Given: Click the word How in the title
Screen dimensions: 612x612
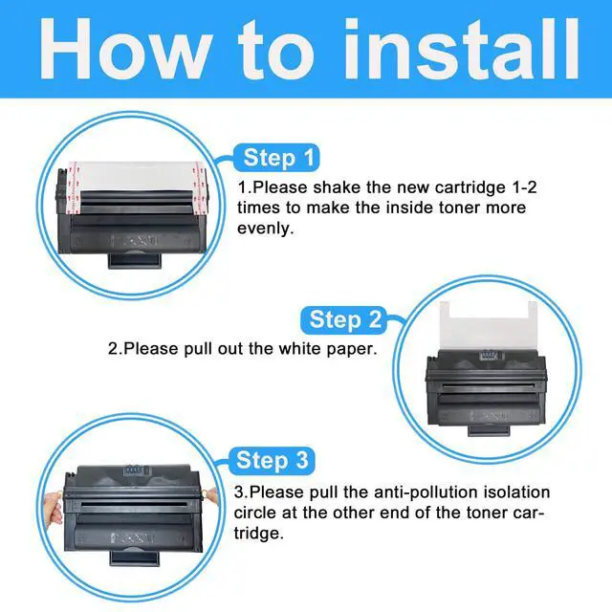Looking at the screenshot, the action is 125,49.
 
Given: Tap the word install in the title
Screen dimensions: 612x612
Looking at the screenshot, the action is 461,49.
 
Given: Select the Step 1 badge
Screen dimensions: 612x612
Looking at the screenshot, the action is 276,158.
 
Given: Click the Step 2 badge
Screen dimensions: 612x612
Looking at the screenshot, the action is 343,319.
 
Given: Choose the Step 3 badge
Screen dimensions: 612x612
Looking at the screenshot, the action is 272,460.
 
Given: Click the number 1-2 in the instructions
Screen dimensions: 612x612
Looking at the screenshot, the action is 524,187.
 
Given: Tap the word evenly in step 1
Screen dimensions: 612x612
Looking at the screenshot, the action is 265,229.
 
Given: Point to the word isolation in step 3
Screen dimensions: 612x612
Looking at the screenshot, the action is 516,492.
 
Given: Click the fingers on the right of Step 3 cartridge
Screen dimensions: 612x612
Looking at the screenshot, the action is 210,496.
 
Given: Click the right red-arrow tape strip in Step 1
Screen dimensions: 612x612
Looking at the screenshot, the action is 200,188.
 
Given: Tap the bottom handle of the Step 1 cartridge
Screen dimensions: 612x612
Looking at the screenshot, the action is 134,260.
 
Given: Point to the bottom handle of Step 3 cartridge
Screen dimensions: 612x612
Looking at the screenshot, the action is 136,558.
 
